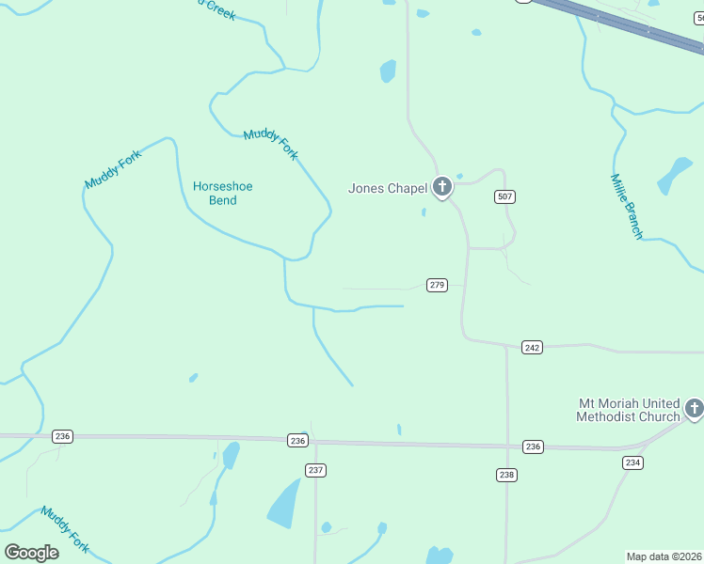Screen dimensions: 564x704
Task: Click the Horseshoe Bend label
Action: pos(222,193)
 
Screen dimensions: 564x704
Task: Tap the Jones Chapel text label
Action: pos(388,188)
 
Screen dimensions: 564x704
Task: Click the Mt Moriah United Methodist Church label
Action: pos(629,410)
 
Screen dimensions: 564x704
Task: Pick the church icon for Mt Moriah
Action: pos(695,408)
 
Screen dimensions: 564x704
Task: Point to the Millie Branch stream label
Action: pos(626,207)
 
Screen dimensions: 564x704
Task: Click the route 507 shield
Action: pos(505,196)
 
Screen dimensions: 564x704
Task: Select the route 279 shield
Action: pos(436,285)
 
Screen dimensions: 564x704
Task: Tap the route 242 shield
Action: pos(532,348)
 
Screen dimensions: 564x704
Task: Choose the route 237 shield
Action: pos(315,470)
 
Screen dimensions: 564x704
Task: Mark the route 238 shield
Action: pos(506,475)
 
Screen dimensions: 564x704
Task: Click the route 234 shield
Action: pos(632,462)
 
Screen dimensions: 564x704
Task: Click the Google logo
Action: pos(32,552)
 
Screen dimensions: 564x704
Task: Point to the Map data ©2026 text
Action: pos(664,556)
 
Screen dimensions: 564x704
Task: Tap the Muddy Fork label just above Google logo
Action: pos(65,529)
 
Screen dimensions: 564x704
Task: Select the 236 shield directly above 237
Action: pos(297,440)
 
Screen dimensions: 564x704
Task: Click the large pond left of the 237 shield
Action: pos(284,504)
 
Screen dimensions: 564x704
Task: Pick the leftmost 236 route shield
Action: pos(63,436)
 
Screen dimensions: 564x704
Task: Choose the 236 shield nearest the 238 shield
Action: pos(533,446)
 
